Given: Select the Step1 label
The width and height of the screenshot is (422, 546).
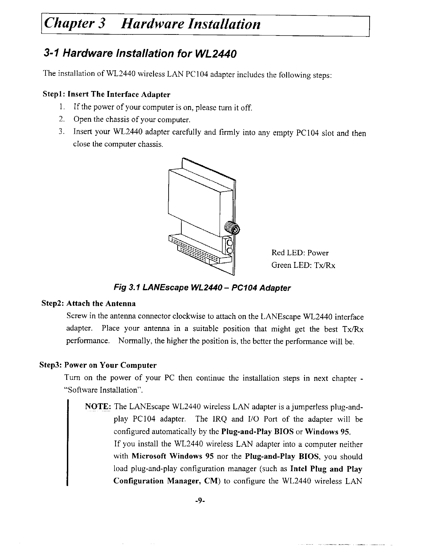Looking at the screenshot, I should pos(53,94).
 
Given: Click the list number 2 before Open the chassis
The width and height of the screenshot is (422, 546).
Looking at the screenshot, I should pos(61,120).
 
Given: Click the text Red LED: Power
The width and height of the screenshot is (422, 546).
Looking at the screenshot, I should pos(300,253).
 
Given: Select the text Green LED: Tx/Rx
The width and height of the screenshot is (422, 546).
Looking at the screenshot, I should pos(303,265).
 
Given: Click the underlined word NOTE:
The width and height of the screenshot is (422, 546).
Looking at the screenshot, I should pos(98,406).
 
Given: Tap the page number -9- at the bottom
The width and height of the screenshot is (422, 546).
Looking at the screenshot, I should pos(200,501).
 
